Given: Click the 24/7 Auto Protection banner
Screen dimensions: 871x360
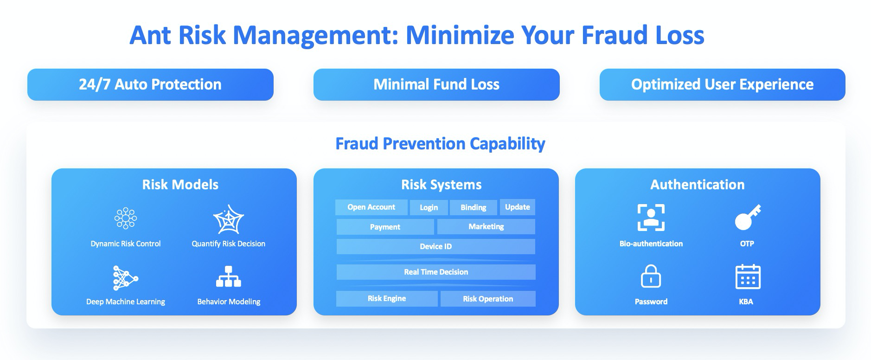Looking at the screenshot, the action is coord(150,84).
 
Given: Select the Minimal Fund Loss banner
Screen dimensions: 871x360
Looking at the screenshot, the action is coord(436,84).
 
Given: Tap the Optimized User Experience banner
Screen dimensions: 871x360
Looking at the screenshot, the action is coord(722,84).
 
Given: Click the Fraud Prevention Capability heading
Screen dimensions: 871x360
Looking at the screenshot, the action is coord(440,144).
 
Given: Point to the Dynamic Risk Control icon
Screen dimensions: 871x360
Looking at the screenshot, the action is coord(126,218).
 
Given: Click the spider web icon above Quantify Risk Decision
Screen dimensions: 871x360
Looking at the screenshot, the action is coord(228,219).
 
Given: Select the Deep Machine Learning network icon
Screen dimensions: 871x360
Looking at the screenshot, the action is coord(125,278).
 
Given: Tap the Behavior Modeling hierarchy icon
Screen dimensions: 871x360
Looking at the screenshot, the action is coord(229,276).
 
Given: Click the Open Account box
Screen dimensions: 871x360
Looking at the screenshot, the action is coord(371,207).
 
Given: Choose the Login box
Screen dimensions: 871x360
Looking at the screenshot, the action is coord(429,207).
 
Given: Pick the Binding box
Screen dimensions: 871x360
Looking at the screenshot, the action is coord(474,207).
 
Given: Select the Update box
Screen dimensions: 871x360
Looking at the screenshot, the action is coord(518,207).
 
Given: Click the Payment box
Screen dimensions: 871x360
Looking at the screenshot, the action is coord(385,227).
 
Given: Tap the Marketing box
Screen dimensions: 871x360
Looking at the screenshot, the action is coord(486,227).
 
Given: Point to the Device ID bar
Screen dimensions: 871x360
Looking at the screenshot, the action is coord(436,246).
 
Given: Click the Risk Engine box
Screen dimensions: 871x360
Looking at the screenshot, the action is coord(387,299).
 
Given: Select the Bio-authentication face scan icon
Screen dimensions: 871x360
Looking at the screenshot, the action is coord(651,218).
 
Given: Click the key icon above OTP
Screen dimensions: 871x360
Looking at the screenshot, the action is coord(748,217).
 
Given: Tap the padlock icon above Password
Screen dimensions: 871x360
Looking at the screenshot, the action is coord(651,276).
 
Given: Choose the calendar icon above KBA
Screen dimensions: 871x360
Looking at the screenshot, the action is coord(748,277).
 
